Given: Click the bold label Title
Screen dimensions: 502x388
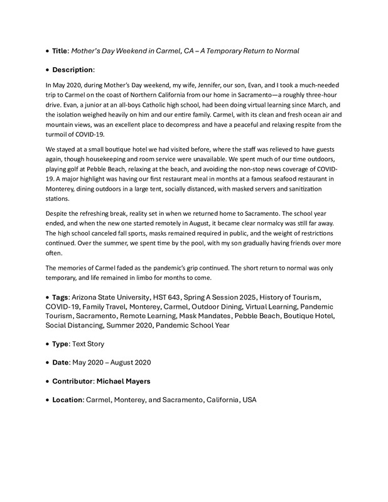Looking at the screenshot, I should tap(60, 50).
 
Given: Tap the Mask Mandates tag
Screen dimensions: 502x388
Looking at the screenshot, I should tap(205, 315).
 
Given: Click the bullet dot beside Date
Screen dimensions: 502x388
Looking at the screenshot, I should tap(48, 363).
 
